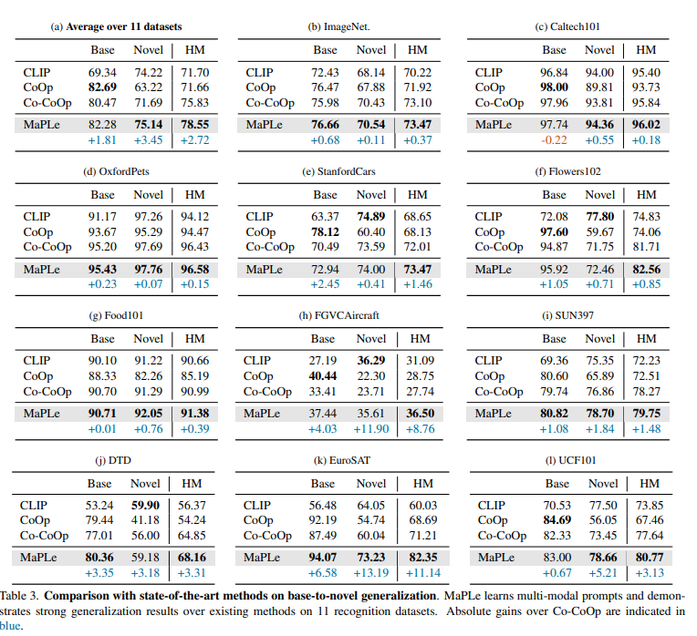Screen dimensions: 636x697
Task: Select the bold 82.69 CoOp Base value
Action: click(101, 88)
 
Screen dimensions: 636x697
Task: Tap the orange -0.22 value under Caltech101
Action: click(554, 139)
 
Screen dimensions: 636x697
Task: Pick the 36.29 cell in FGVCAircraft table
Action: click(371, 361)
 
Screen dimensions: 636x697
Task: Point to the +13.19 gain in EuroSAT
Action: click(370, 573)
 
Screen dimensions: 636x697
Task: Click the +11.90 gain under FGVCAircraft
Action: click(371, 428)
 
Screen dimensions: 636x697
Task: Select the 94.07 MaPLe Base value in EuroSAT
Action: click(323, 558)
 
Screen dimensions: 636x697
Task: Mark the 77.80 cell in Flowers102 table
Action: click(599, 216)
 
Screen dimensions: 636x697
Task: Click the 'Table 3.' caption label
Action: click(18, 594)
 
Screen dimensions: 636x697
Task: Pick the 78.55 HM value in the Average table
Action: click(194, 125)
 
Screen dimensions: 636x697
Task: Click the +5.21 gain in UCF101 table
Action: click(602, 573)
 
